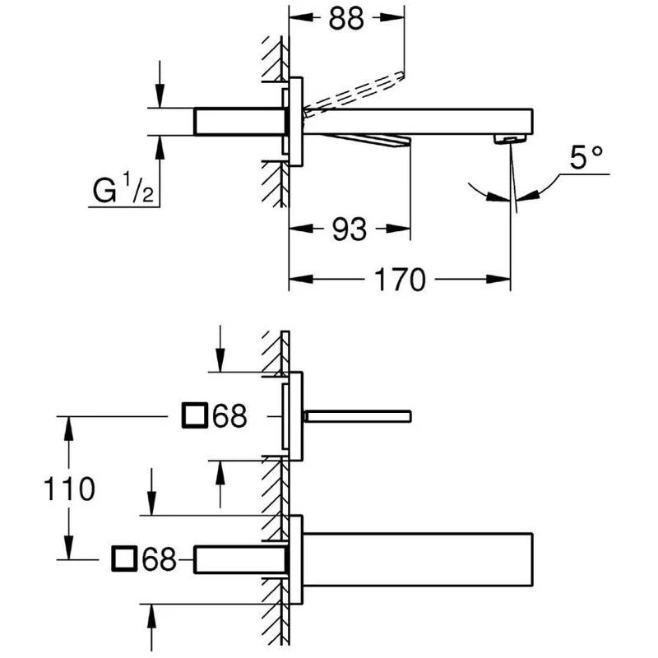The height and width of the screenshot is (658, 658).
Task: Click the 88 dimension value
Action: tap(345, 18)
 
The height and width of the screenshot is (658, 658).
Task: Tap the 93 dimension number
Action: tap(349, 229)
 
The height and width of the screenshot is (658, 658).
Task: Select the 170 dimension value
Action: tap(400, 280)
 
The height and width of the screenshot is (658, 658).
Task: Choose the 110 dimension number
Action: tap(69, 489)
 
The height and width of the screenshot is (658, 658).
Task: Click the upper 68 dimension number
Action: tap(229, 416)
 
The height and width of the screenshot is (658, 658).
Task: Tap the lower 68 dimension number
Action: tap(159, 559)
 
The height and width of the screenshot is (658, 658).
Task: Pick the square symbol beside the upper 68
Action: tap(195, 415)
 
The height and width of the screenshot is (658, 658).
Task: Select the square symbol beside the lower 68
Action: tap(125, 559)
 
